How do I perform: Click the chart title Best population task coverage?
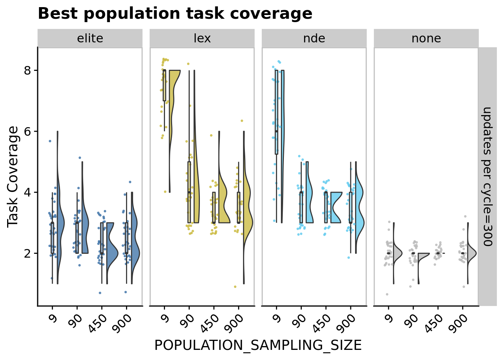point(175,14)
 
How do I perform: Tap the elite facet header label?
point(90,38)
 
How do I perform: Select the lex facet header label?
point(202,38)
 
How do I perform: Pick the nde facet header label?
point(314,38)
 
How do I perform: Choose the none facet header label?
point(426,38)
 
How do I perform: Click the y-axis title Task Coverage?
point(13,176)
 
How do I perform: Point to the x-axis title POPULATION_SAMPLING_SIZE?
point(258,345)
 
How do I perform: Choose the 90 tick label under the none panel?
point(412,321)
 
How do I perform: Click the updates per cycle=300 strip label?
point(487,176)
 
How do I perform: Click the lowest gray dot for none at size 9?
point(387,294)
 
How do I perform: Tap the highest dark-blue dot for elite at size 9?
point(50,141)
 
